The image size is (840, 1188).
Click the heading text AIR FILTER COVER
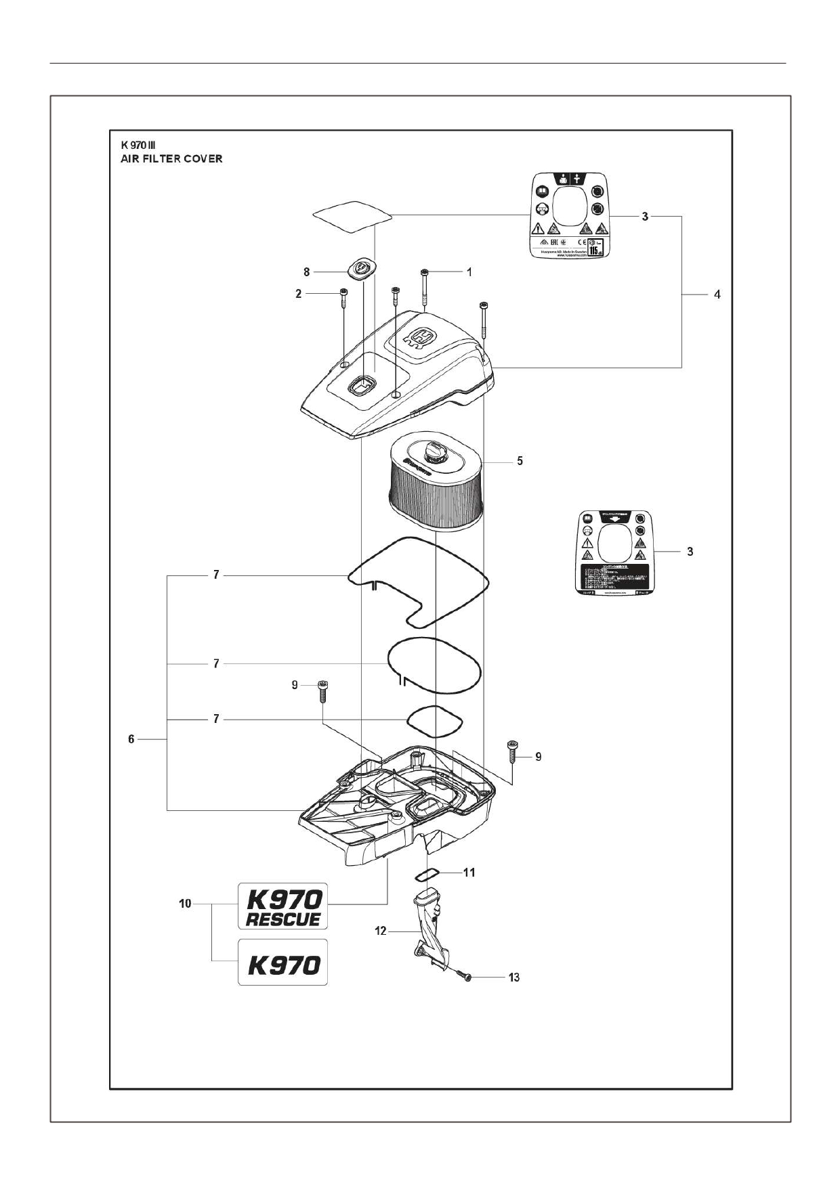click(x=171, y=159)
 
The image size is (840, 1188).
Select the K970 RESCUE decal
click(x=282, y=906)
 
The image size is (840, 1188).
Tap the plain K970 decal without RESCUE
click(x=282, y=962)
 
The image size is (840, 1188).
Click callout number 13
click(x=514, y=977)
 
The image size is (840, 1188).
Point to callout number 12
click(x=381, y=931)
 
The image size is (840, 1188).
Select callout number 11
click(x=469, y=873)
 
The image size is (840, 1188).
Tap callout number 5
click(x=520, y=461)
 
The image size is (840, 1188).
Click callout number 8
click(x=306, y=271)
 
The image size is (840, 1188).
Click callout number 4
click(x=717, y=294)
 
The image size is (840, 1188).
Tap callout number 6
click(x=131, y=739)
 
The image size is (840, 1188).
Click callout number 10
click(x=185, y=904)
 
